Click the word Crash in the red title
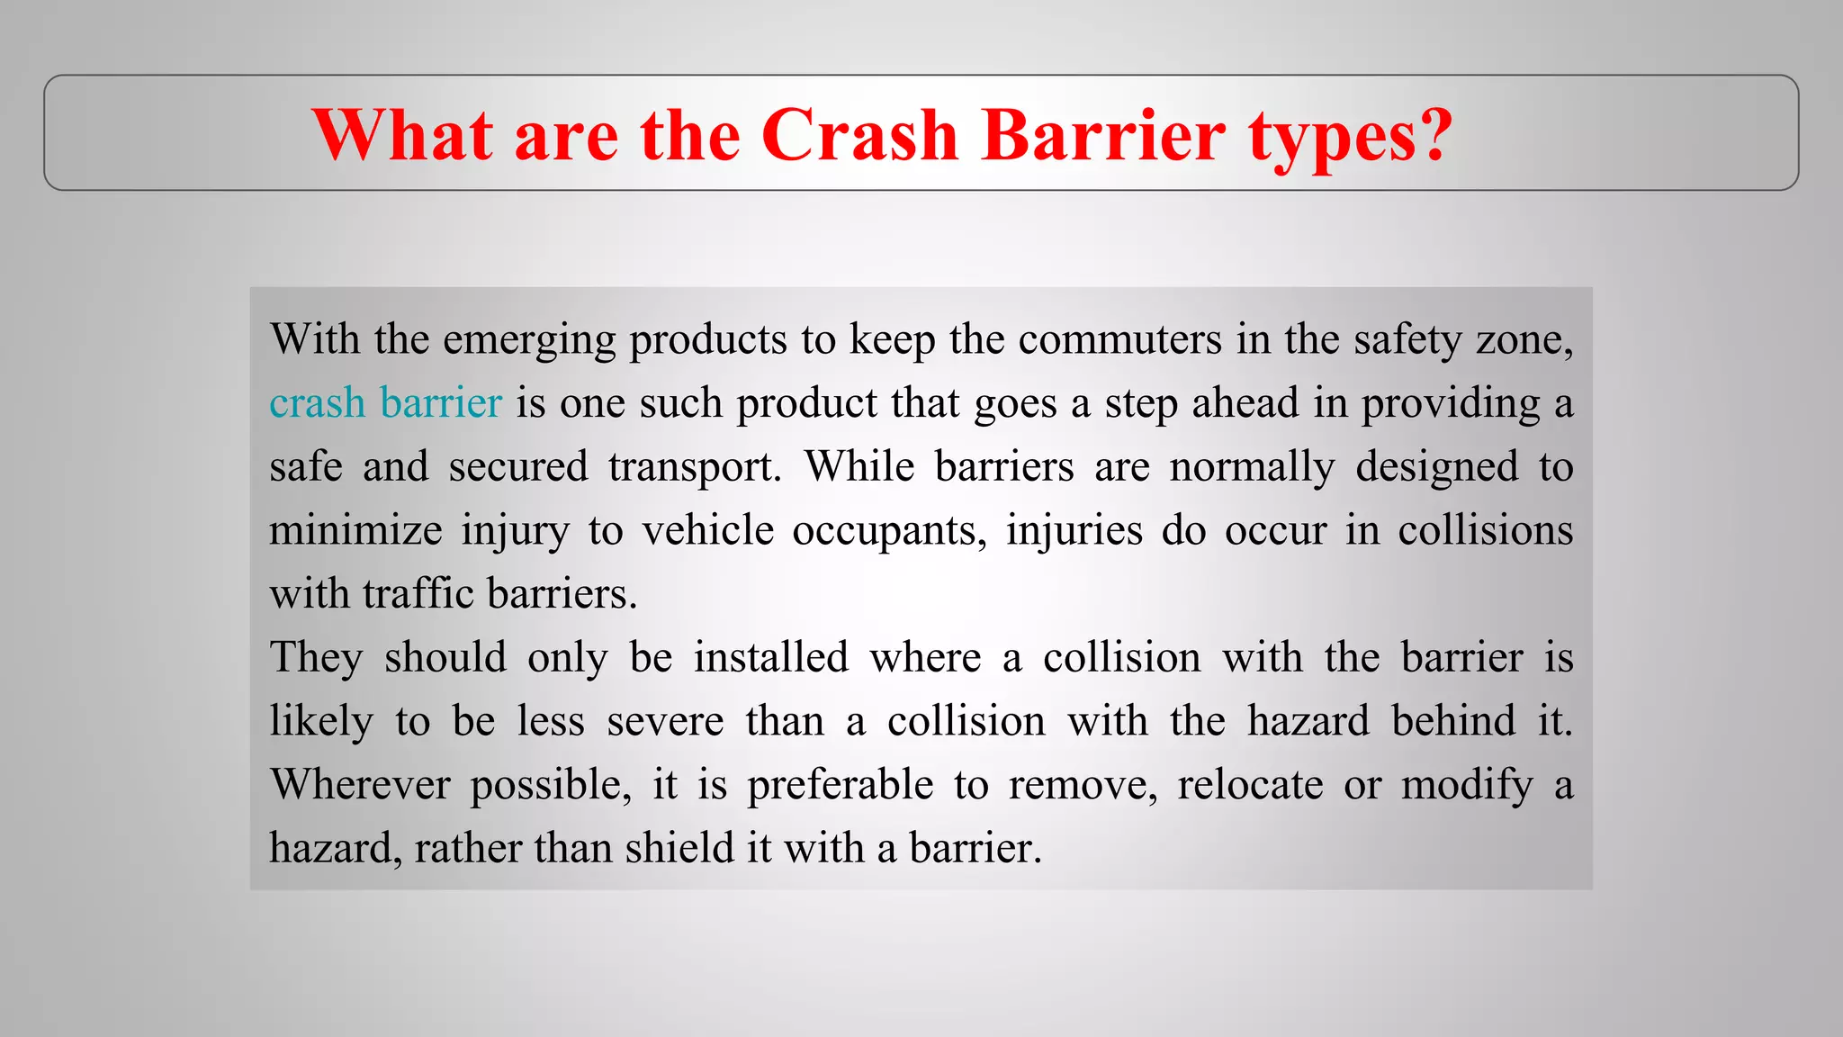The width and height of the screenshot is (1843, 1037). (859, 135)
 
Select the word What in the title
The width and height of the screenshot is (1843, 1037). (402, 135)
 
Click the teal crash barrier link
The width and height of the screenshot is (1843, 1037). (385, 402)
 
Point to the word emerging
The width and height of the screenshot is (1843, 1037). (529, 340)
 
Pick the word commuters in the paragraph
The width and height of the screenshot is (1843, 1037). (1120, 339)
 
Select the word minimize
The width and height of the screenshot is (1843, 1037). (355, 530)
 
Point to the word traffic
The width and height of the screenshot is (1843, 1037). (418, 594)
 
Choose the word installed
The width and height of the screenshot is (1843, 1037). (771, 657)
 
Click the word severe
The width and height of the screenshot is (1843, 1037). (665, 721)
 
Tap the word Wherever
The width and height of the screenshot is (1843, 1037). (360, 784)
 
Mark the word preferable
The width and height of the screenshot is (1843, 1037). (841, 785)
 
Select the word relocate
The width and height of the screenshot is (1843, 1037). (1250, 784)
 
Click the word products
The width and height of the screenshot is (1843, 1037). (708, 340)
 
